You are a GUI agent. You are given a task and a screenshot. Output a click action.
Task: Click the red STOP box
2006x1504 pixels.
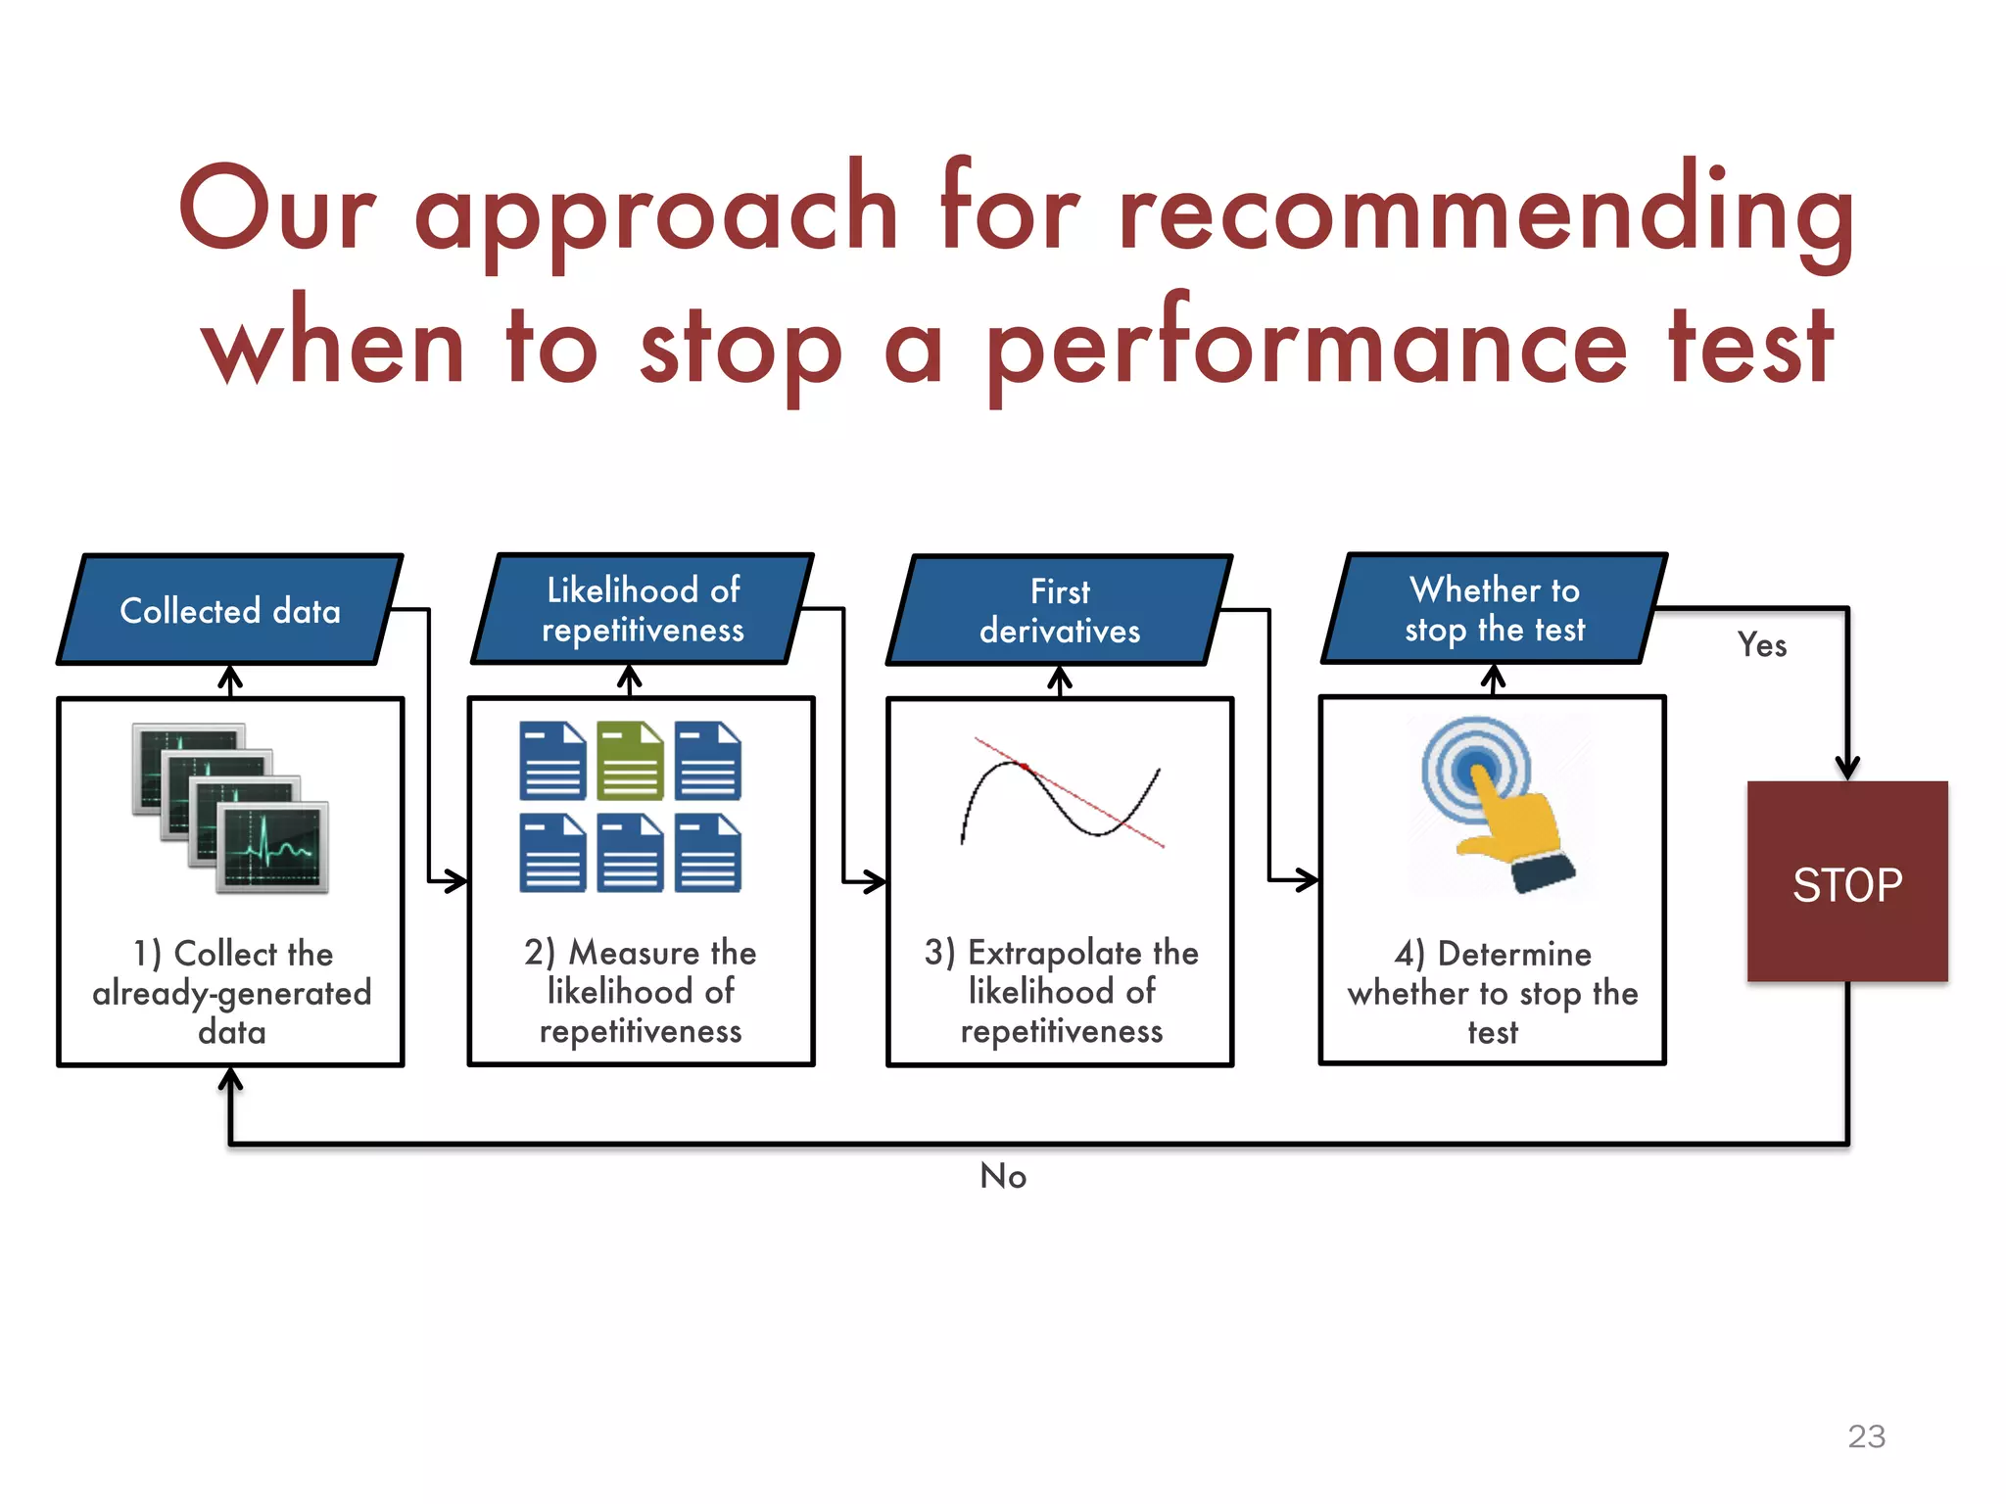point(1847,881)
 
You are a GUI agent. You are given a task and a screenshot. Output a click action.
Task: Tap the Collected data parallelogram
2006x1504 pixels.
point(230,610)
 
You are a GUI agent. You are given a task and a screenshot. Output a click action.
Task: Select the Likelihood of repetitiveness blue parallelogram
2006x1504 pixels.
point(643,609)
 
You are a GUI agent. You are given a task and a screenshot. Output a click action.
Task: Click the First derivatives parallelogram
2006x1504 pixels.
point(1060,611)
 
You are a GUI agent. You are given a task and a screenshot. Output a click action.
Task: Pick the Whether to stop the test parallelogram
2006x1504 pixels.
point(1495,609)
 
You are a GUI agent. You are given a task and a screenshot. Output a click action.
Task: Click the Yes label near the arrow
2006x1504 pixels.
point(1761,645)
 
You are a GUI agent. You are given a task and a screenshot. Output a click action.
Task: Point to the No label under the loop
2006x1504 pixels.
point(1003,1176)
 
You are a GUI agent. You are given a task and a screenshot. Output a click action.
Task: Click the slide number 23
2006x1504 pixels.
point(1866,1436)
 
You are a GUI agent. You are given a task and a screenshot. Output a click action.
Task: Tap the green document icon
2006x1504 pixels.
point(630,761)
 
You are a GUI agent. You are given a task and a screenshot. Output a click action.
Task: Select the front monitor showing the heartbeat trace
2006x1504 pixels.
point(272,847)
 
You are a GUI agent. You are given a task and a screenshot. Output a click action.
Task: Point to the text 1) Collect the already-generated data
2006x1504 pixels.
point(232,992)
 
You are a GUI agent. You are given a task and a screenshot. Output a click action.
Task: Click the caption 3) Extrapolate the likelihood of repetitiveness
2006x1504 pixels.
point(1061,991)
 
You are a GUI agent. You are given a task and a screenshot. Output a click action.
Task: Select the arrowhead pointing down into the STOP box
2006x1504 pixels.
point(1847,769)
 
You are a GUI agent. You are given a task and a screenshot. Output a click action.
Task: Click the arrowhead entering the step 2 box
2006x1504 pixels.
point(455,880)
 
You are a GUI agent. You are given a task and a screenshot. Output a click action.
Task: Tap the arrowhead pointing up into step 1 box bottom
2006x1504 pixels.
point(230,1079)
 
